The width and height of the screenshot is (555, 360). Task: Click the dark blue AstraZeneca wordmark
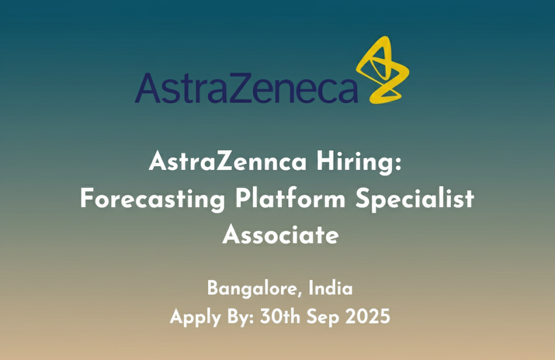pos(247,88)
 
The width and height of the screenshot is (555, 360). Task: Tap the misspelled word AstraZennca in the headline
pos(228,162)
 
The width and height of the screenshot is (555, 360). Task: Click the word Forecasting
pos(152,198)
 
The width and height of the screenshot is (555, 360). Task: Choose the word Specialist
pos(415,198)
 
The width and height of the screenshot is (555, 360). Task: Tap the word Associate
pos(281,234)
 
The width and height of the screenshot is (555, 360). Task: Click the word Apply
pos(196,317)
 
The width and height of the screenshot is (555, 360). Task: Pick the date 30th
pos(280,316)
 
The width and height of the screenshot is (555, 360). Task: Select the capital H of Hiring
pos(325,161)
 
